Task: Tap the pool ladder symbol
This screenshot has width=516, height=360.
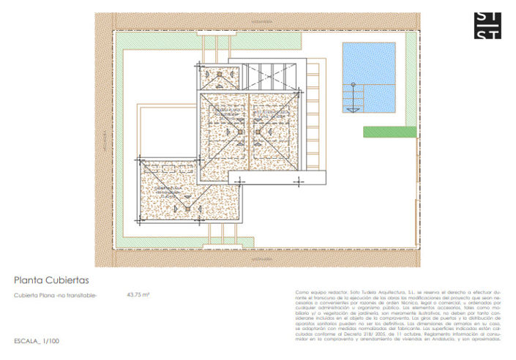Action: point(354,99)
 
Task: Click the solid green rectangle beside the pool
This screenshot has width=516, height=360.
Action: point(390,132)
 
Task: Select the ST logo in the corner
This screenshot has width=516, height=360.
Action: point(487,25)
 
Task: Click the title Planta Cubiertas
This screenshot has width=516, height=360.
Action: point(51,280)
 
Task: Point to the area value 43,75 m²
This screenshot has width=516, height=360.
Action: point(138,295)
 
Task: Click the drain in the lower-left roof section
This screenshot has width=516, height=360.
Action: point(187,208)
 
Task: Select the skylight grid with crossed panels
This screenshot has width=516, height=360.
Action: point(270,75)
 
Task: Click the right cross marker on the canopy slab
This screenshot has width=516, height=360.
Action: point(297,179)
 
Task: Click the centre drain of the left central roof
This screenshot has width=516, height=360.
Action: point(239,132)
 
